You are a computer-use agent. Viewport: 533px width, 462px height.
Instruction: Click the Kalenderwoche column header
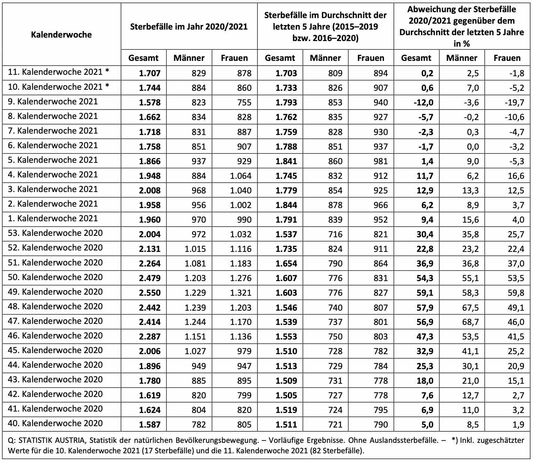pos(61,34)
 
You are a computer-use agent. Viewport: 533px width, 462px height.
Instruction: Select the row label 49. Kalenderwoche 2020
pos(55,292)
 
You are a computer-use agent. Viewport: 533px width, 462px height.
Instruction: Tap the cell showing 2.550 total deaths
pos(150,293)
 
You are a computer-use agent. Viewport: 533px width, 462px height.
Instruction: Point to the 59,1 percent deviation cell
pos(425,293)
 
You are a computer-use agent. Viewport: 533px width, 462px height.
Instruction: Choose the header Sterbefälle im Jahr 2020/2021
pos(189,26)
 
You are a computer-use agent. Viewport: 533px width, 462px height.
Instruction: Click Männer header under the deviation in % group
pos(462,58)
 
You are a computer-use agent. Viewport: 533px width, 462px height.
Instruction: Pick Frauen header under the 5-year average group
pos(371,58)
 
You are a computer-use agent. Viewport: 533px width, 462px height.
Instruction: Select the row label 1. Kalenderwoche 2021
pos(53,218)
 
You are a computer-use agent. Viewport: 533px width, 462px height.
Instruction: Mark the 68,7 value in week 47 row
pos(471,322)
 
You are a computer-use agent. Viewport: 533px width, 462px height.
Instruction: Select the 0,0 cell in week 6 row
pos(473,146)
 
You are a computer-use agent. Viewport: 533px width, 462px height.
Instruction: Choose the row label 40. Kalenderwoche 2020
pos(55,423)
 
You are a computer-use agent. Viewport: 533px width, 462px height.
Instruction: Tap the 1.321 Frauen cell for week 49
pos(240,293)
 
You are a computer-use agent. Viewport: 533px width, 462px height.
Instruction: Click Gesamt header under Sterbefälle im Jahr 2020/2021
pos(143,58)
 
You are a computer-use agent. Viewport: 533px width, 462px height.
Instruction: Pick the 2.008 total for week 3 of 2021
pos(150,190)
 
